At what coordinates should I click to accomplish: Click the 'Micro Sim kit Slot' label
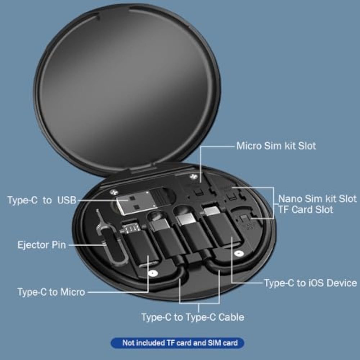point(276,146)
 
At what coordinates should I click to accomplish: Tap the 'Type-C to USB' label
point(42,200)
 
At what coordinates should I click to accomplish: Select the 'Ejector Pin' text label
point(42,245)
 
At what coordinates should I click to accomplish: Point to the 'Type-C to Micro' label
point(51,292)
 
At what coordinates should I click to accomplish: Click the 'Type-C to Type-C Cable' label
point(193,317)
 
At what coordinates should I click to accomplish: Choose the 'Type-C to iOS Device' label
point(310,283)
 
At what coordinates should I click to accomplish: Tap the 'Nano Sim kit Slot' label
point(317,199)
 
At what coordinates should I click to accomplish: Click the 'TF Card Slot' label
point(305,210)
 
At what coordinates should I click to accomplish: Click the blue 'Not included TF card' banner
point(177,343)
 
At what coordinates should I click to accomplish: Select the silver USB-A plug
point(137,202)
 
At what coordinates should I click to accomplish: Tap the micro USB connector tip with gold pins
point(131,228)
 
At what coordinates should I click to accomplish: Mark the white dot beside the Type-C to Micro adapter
point(153,273)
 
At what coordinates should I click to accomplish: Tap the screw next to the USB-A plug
point(113,192)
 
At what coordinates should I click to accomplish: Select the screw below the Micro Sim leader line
point(194,176)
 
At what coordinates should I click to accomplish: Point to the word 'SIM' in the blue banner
point(214,343)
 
